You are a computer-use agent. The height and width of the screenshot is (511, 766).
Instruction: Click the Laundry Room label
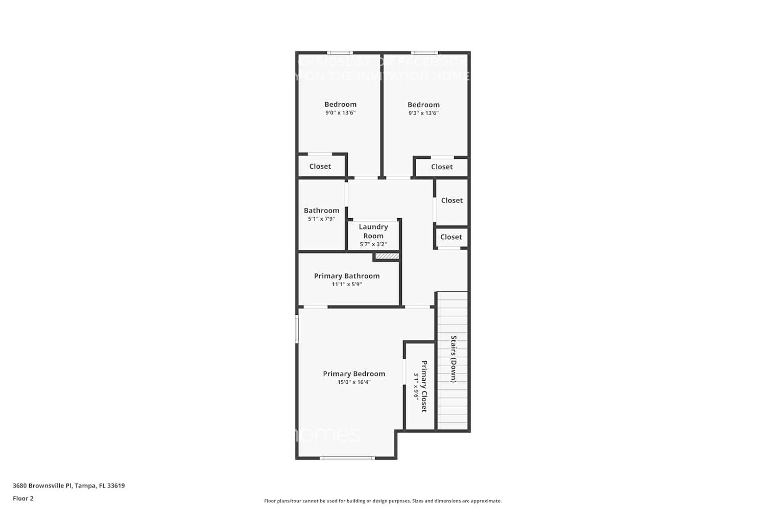pyautogui.click(x=373, y=231)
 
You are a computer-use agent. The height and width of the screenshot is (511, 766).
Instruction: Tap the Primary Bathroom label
pyautogui.click(x=347, y=276)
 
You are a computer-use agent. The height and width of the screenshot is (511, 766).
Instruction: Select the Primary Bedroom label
pyautogui.click(x=354, y=374)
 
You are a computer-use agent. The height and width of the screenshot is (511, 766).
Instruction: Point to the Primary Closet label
pyautogui.click(x=424, y=386)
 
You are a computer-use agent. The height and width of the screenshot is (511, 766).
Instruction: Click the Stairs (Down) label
pyautogui.click(x=453, y=359)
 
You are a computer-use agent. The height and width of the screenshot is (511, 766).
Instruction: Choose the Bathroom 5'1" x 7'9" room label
pyautogui.click(x=321, y=211)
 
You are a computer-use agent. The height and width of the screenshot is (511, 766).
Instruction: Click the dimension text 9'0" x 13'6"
pyautogui.click(x=340, y=113)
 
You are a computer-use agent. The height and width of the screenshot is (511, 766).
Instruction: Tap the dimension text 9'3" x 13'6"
pyautogui.click(x=423, y=113)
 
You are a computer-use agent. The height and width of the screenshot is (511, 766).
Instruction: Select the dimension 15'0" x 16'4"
pyautogui.click(x=354, y=382)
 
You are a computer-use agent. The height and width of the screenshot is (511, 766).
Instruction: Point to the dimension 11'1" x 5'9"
pyautogui.click(x=347, y=285)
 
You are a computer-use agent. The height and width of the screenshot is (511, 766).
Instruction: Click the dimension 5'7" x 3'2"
pyautogui.click(x=373, y=244)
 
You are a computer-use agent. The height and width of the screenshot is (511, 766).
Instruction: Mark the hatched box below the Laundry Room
pyautogui.click(x=387, y=256)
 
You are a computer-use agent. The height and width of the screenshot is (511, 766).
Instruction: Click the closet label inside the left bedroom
pyautogui.click(x=320, y=167)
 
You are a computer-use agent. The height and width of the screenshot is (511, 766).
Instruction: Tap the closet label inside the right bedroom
pyautogui.click(x=442, y=167)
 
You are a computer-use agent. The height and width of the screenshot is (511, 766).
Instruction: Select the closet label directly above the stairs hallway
pyautogui.click(x=451, y=237)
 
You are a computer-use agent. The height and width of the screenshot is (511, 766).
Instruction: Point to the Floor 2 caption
pyautogui.click(x=23, y=499)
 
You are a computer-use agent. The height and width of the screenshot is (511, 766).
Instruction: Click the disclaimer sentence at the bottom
pyautogui.click(x=382, y=501)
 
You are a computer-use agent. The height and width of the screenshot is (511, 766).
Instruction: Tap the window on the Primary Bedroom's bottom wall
pyautogui.click(x=347, y=458)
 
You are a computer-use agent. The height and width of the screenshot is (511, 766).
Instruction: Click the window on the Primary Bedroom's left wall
pyautogui.click(x=297, y=328)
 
